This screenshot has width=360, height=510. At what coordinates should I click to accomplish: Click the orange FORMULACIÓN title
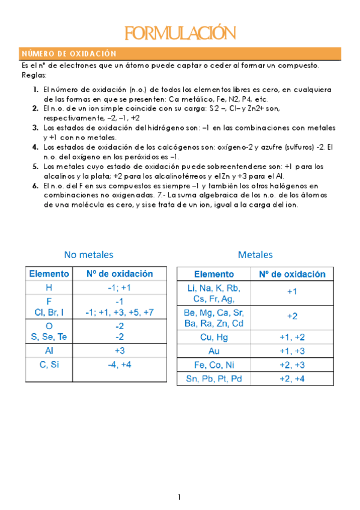point(179,32)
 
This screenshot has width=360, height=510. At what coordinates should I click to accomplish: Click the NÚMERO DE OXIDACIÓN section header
point(69,53)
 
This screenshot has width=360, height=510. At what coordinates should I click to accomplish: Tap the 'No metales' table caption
point(88,254)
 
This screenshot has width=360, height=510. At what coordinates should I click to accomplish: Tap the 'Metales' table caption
point(255,254)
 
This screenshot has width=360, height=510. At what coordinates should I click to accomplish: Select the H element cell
point(49,287)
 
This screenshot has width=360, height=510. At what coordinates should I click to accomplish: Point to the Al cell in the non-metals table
point(49,350)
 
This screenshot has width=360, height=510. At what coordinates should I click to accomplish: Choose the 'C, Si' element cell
point(49,364)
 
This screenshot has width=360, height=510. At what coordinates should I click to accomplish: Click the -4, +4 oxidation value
point(119,364)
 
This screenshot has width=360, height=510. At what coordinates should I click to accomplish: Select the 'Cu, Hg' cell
point(214,337)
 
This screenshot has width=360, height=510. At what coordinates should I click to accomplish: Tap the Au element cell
point(214,351)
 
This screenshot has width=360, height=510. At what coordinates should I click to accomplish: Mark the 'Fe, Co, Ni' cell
point(214,364)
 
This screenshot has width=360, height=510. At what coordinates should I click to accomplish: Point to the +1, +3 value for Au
point(292,351)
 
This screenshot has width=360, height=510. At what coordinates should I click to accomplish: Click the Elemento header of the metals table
point(214,274)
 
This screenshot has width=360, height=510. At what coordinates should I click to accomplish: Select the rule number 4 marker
point(35,147)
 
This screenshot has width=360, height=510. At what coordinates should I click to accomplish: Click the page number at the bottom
point(179,497)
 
